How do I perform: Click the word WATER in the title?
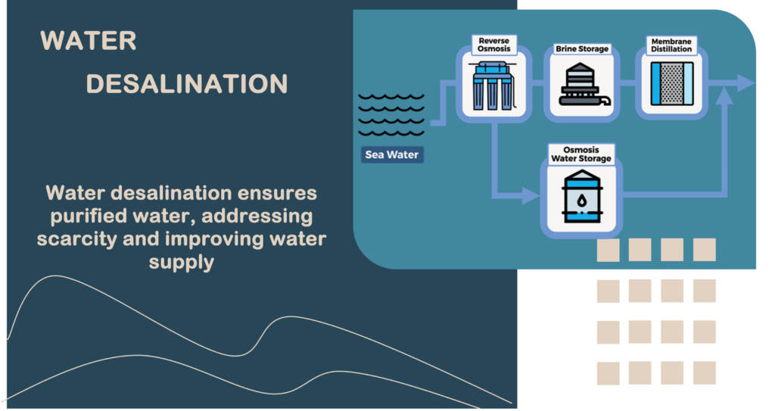(89, 41)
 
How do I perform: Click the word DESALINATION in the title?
(187, 83)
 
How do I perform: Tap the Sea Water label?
(391, 155)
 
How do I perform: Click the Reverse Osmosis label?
(493, 44)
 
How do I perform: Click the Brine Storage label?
(582, 49)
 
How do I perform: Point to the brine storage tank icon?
(582, 86)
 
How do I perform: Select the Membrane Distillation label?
(671, 44)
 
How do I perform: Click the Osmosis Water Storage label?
(580, 154)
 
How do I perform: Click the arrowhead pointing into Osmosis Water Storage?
(533, 197)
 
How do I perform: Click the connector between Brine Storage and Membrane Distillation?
(627, 83)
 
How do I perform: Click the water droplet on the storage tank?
(580, 200)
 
